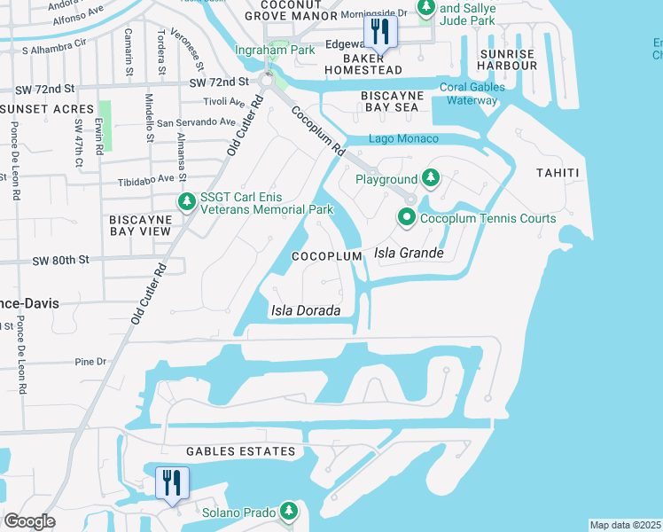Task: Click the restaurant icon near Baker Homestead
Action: [x=380, y=33]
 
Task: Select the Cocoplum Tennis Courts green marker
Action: [x=407, y=217]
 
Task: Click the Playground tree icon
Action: [x=430, y=179]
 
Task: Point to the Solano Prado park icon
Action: [x=288, y=512]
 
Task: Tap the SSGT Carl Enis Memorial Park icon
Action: [x=186, y=202]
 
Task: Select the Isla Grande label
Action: [x=409, y=254]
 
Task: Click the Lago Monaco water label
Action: [x=403, y=139]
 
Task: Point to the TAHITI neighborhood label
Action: [x=558, y=173]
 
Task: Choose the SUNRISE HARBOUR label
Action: [x=507, y=60]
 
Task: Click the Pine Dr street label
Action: [x=90, y=362]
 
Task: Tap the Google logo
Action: [x=29, y=521]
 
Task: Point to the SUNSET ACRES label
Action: [x=40, y=108]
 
